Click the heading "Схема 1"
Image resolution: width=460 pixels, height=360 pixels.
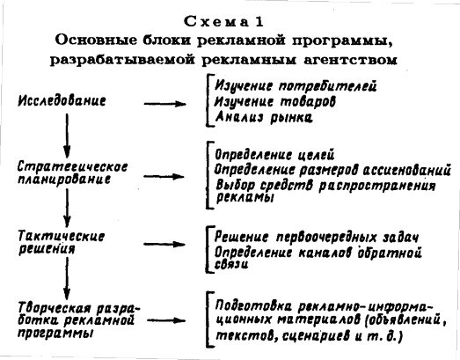(223, 22)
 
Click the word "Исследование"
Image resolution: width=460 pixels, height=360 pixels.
(62, 100)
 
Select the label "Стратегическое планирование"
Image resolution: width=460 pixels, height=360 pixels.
(73, 173)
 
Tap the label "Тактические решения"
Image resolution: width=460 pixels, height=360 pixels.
(62, 243)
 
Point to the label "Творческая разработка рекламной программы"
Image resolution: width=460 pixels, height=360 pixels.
(79, 320)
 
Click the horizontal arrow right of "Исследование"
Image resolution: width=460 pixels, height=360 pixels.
(164, 104)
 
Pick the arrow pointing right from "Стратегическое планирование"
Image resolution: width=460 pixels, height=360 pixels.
(164, 176)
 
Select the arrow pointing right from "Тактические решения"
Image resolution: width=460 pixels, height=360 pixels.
(164, 245)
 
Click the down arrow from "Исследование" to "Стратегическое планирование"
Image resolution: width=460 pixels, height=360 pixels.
(67, 136)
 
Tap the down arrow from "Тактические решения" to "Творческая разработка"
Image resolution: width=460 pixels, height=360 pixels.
(67, 278)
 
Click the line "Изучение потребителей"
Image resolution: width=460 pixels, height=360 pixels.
(296, 85)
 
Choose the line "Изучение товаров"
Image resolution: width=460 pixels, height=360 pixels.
(275, 101)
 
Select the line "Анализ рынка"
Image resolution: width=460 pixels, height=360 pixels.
(264, 117)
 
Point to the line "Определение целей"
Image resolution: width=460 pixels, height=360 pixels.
(274, 155)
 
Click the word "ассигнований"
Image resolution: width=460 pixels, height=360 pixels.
(407, 170)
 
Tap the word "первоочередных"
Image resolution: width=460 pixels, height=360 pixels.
(326, 238)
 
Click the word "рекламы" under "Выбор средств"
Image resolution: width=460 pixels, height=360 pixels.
(245, 197)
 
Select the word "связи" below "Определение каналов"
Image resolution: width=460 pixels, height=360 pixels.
(232, 264)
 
